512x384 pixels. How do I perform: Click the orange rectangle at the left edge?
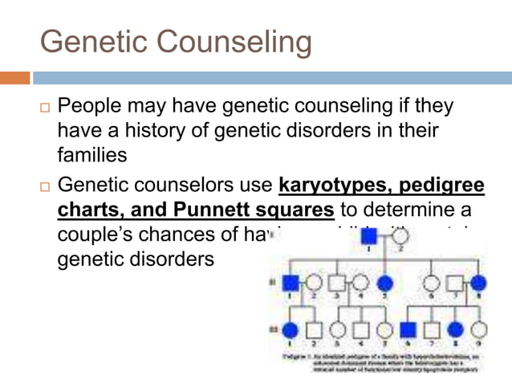(x=14, y=78)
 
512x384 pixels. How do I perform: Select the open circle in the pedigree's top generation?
(x=401, y=235)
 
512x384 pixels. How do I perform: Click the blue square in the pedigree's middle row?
(x=291, y=283)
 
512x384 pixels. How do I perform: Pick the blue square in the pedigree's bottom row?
(x=408, y=330)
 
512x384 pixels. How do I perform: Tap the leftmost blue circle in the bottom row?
(x=291, y=330)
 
